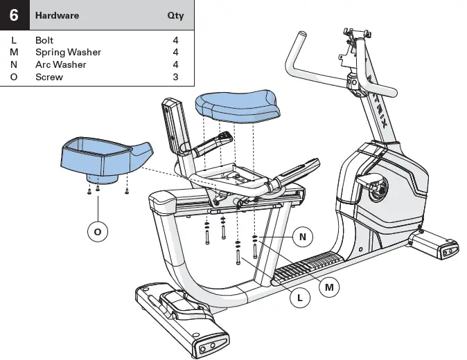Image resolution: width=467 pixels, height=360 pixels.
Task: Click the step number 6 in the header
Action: point(14,15)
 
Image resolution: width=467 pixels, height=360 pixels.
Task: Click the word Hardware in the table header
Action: point(57,15)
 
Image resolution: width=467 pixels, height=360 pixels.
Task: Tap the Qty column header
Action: point(175,15)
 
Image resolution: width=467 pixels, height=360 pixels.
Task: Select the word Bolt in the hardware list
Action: point(44,40)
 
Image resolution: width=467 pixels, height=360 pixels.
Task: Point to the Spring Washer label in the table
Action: point(68,52)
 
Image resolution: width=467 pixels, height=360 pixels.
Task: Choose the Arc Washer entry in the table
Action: point(61,64)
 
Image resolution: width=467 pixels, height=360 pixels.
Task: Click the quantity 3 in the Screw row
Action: point(175,77)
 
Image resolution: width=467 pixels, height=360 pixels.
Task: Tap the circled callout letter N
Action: point(302,237)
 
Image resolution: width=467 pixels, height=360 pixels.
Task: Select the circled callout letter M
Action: point(329,286)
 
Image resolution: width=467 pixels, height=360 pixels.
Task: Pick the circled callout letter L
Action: point(299,298)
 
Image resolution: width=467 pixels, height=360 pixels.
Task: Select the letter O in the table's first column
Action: point(14,77)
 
